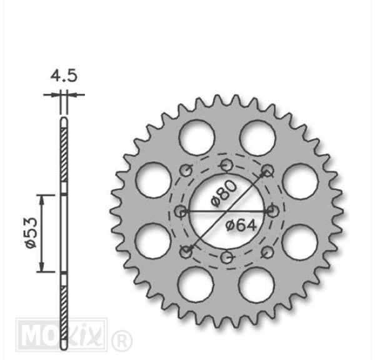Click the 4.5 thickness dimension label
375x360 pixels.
(64, 76)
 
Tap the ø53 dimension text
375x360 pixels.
(31, 233)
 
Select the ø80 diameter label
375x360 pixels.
(224, 193)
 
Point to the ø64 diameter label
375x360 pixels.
(241, 226)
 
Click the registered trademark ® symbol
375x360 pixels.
(122, 340)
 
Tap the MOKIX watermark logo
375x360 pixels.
(61, 334)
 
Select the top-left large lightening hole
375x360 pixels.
(197, 137)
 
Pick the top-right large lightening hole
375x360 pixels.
(257, 138)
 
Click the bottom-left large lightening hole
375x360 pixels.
(196, 284)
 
